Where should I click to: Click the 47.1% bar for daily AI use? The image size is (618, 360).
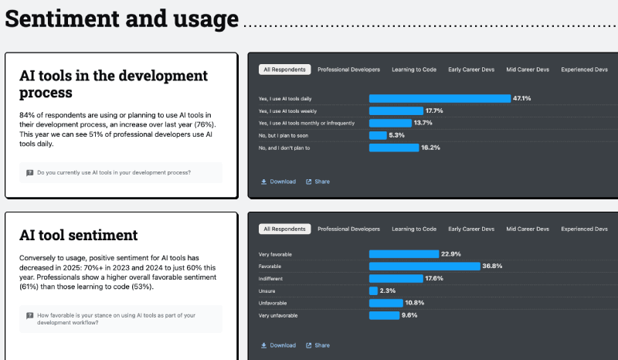(x=440, y=98)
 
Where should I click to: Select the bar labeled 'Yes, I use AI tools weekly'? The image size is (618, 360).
(x=396, y=110)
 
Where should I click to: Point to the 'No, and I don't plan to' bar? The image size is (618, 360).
(x=393, y=148)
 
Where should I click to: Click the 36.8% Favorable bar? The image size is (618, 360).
(x=424, y=266)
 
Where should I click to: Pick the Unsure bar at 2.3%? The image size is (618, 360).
(x=373, y=290)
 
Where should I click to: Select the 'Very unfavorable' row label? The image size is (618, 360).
(x=278, y=315)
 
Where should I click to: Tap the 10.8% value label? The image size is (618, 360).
(x=416, y=303)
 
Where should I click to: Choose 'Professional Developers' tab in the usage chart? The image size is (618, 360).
(x=348, y=70)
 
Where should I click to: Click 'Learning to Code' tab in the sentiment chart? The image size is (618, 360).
(x=414, y=229)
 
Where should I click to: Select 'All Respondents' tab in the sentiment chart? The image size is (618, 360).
(x=285, y=229)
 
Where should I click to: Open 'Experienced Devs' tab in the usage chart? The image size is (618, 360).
(x=584, y=70)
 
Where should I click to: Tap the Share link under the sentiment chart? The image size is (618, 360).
(x=317, y=345)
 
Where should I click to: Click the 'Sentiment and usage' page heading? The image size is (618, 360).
(x=121, y=18)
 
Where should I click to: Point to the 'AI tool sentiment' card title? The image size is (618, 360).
(x=78, y=235)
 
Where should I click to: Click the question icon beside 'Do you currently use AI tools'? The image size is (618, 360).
(x=29, y=172)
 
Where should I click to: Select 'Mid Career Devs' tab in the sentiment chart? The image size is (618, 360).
(x=528, y=229)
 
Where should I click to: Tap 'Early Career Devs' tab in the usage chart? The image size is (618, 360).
(x=471, y=70)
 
